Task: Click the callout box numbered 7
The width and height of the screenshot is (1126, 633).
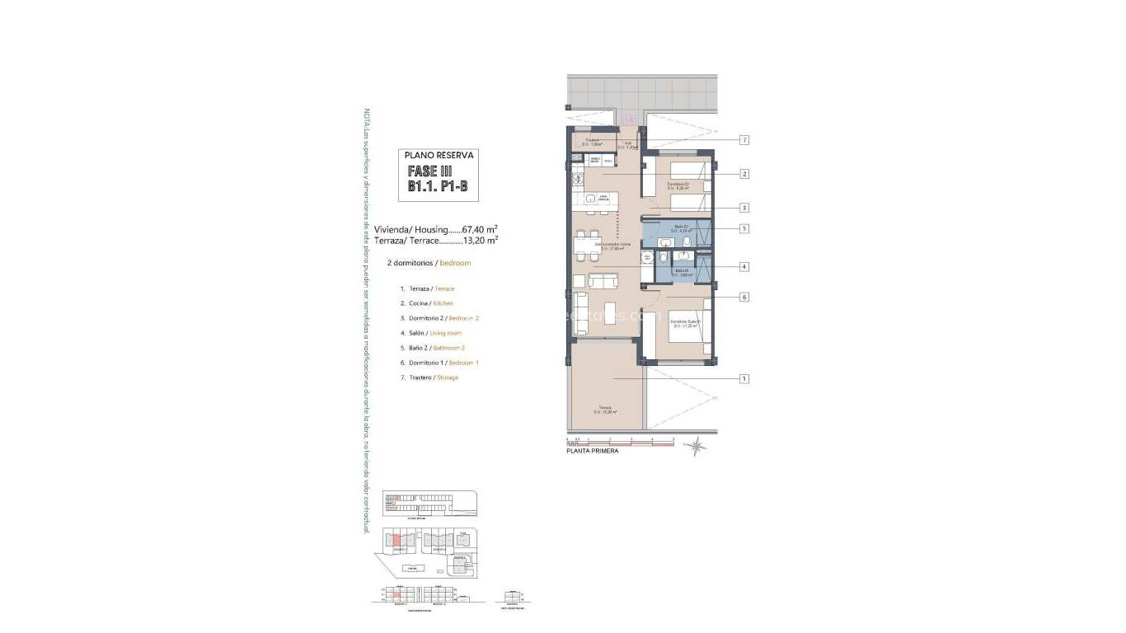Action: pyautogui.click(x=744, y=140)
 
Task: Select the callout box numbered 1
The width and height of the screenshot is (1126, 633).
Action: pyautogui.click(x=744, y=379)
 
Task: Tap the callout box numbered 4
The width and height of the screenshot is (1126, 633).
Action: pyautogui.click(x=744, y=267)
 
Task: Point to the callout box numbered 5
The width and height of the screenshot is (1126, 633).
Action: pyautogui.click(x=744, y=229)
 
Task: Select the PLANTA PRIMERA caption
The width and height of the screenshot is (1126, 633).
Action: pyautogui.click(x=592, y=452)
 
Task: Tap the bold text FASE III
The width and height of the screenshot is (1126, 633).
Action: pyautogui.click(x=430, y=171)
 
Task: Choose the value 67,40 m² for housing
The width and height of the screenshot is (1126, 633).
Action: pyautogui.click(x=478, y=230)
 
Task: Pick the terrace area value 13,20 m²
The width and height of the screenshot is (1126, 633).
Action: pyautogui.click(x=478, y=241)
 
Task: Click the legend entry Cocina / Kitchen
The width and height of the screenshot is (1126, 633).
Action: pyautogui.click(x=426, y=303)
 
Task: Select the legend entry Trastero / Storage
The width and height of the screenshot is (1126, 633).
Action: pyautogui.click(x=429, y=377)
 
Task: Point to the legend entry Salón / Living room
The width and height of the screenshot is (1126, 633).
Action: pyautogui.click(x=430, y=333)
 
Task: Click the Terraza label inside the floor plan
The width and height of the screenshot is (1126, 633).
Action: pyautogui.click(x=605, y=410)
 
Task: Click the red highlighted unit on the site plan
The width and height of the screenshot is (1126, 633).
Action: pyautogui.click(x=397, y=540)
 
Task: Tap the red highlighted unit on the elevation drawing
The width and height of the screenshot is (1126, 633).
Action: pyautogui.click(x=397, y=593)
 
